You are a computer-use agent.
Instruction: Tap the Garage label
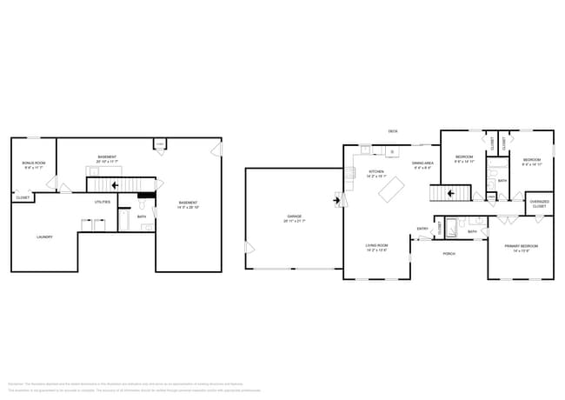click(x=294, y=217)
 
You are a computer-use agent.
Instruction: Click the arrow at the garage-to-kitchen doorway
click(x=336, y=200)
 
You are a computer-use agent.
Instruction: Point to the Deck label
click(x=393, y=132)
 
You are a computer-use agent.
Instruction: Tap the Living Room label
click(x=376, y=248)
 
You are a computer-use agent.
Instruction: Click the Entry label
click(x=422, y=229)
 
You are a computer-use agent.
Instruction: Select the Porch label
click(x=449, y=253)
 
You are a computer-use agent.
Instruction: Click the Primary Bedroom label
click(x=522, y=248)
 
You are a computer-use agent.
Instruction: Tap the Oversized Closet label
click(x=539, y=204)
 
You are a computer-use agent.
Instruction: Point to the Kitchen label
click(x=376, y=172)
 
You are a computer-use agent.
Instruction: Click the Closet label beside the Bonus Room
click(x=23, y=197)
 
